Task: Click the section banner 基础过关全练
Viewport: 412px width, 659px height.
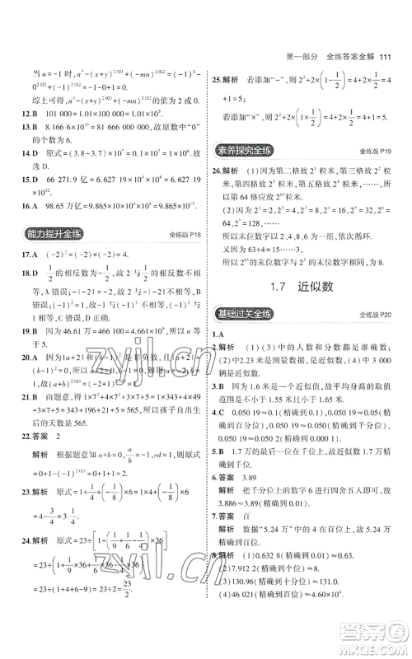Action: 244,314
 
